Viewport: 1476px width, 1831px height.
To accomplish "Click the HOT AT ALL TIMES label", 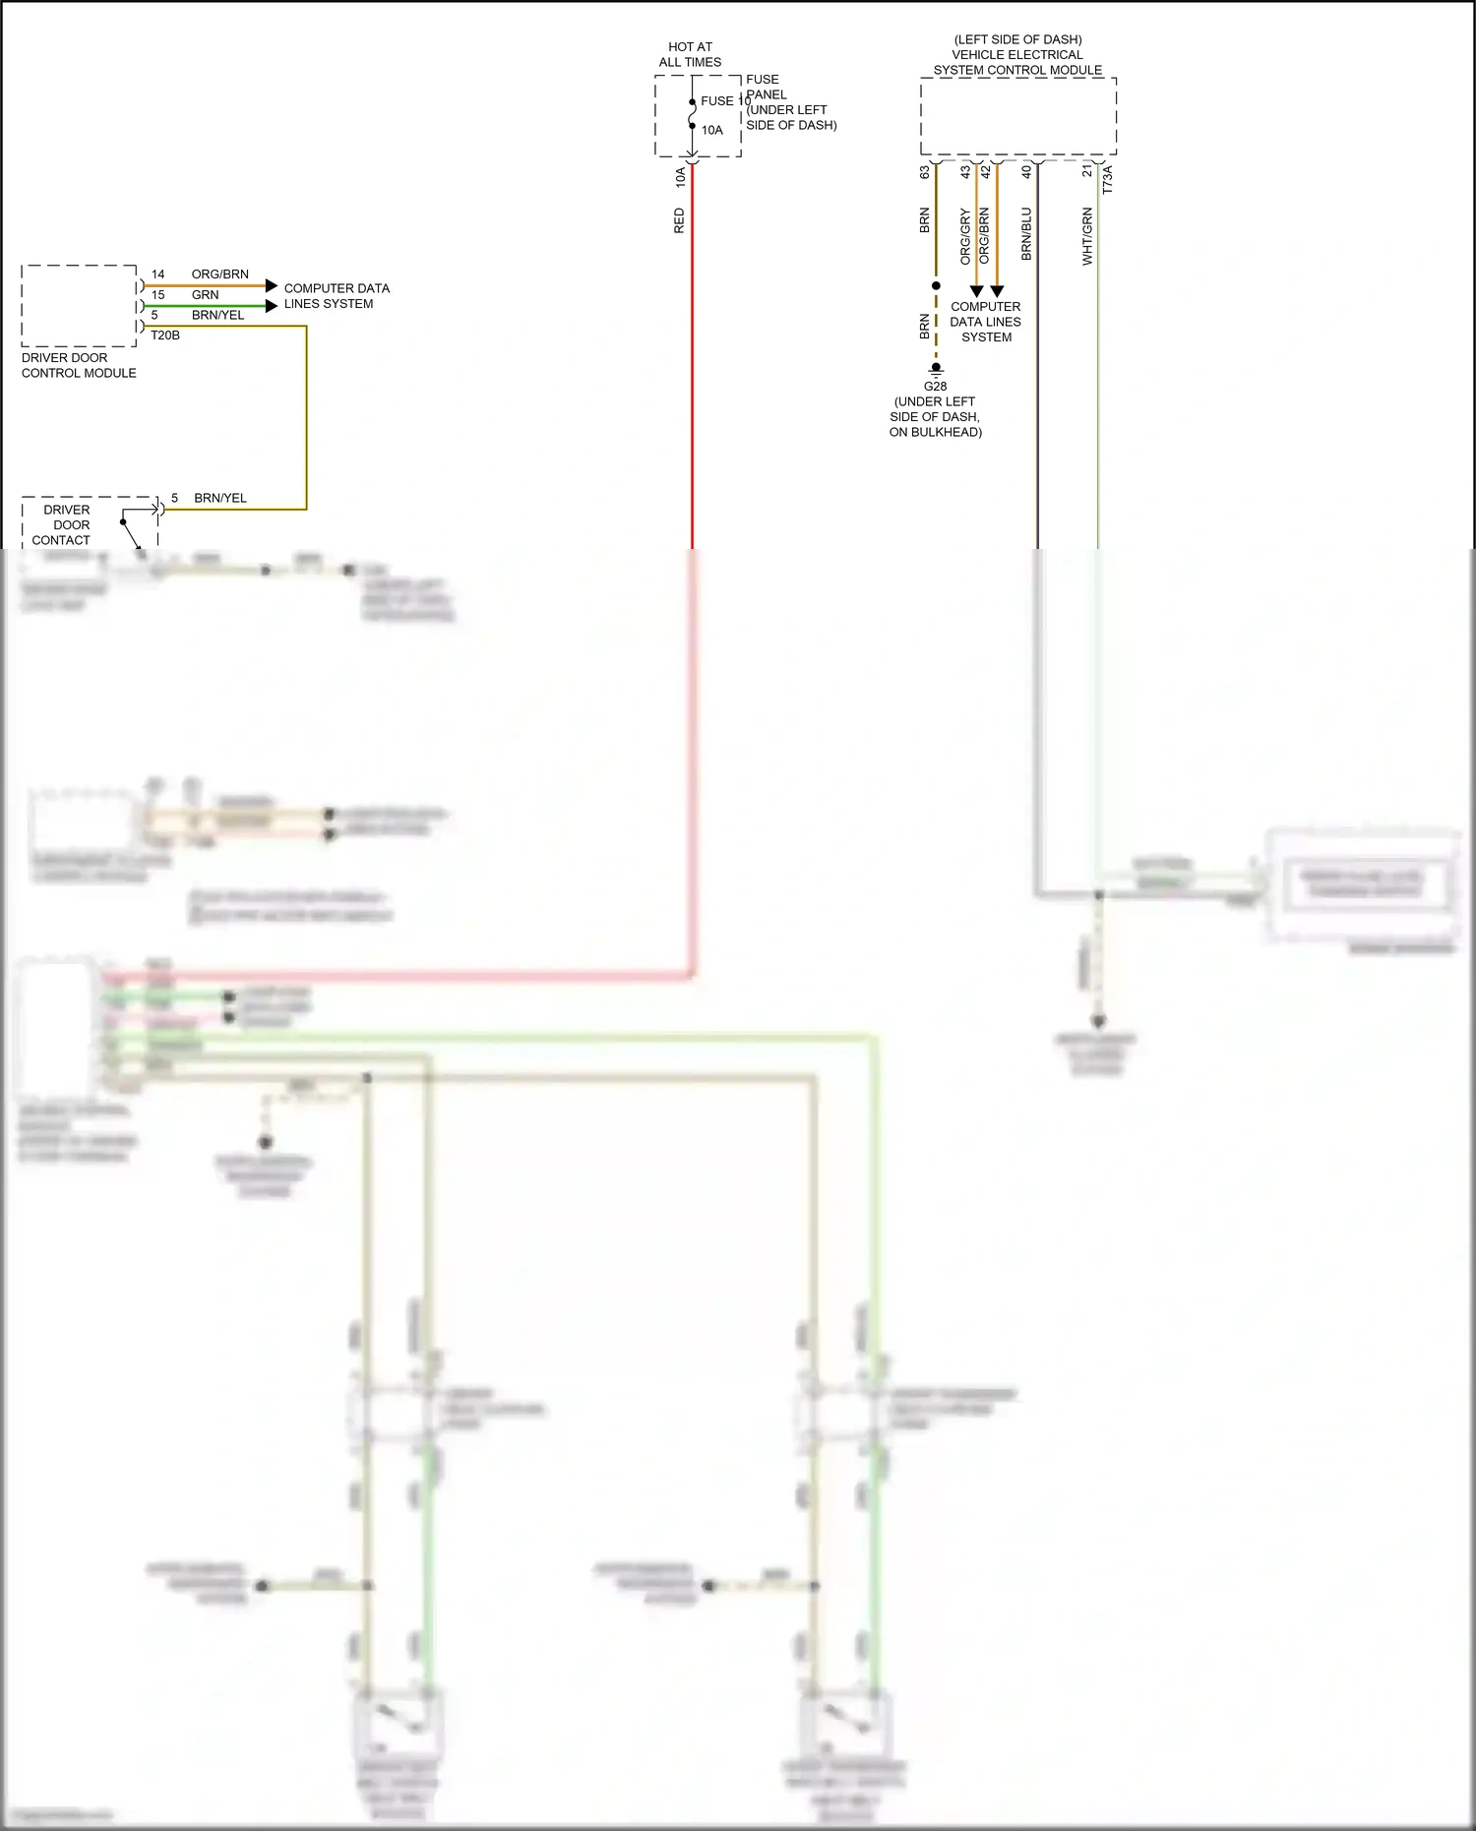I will coord(690,54).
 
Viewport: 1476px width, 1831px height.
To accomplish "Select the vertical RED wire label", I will coord(679,220).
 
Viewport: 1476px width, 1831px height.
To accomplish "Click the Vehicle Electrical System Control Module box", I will coord(1017,116).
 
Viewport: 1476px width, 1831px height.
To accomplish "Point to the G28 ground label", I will coord(935,386).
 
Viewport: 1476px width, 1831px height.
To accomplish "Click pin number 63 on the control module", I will coord(925,171).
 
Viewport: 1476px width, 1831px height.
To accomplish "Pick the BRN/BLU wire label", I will coord(1026,233).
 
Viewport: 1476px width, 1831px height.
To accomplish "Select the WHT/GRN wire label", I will coord(1087,236).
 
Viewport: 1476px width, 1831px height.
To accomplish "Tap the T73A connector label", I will coord(1107,179).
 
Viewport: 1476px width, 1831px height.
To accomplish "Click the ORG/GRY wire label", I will coord(965,237).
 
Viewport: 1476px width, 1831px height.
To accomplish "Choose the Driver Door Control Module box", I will coord(79,305).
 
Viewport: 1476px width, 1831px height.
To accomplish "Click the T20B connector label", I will coord(165,336).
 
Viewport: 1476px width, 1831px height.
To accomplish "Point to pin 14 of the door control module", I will coord(157,275).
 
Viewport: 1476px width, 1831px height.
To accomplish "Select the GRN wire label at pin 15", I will coord(206,295).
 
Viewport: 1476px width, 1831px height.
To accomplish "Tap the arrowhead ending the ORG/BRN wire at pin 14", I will coord(272,285).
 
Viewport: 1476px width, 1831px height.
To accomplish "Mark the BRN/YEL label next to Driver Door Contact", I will coord(220,498).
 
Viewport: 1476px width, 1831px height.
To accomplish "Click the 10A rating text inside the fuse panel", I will coord(711,130).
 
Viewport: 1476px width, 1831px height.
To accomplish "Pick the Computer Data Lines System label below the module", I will coord(986,322).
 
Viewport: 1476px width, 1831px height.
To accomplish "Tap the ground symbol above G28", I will coord(936,369).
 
